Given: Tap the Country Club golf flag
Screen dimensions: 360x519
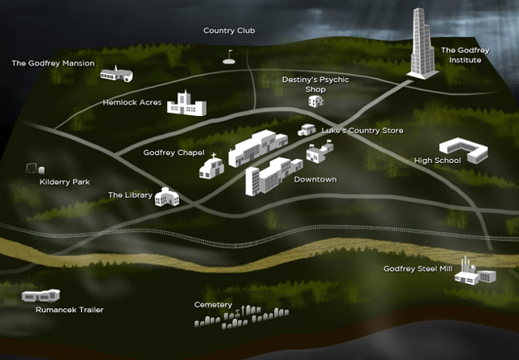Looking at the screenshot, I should [229, 58].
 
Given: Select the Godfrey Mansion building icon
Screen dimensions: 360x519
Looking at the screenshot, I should [116, 74].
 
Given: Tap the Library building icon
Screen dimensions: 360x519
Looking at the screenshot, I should [166, 196].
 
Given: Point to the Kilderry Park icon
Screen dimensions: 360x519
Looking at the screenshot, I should [32, 169].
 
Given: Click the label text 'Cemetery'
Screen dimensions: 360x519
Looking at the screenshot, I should [213, 305].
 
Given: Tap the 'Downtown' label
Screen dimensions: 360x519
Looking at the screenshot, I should [315, 179].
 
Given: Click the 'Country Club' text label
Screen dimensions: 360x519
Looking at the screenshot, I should [229, 31].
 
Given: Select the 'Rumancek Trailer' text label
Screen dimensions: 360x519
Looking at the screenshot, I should [69, 310].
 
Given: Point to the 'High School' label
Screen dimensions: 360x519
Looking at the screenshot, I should [437, 161].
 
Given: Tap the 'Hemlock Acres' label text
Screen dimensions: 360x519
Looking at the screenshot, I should [133, 103].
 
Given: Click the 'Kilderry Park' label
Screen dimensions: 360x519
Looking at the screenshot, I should [64, 182].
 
